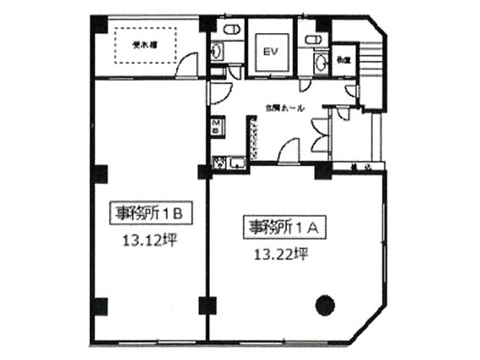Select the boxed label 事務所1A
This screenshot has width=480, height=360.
pyautogui.click(x=279, y=227)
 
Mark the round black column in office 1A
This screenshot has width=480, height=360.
pyautogui.click(x=324, y=302)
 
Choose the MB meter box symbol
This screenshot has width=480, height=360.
pyautogui.click(x=216, y=128)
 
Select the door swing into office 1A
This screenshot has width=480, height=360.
pyautogui.click(x=288, y=153)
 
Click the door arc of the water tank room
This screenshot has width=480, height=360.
pyautogui.click(x=188, y=64)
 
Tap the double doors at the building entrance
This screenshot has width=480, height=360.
pyautogui.click(x=320, y=133)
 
